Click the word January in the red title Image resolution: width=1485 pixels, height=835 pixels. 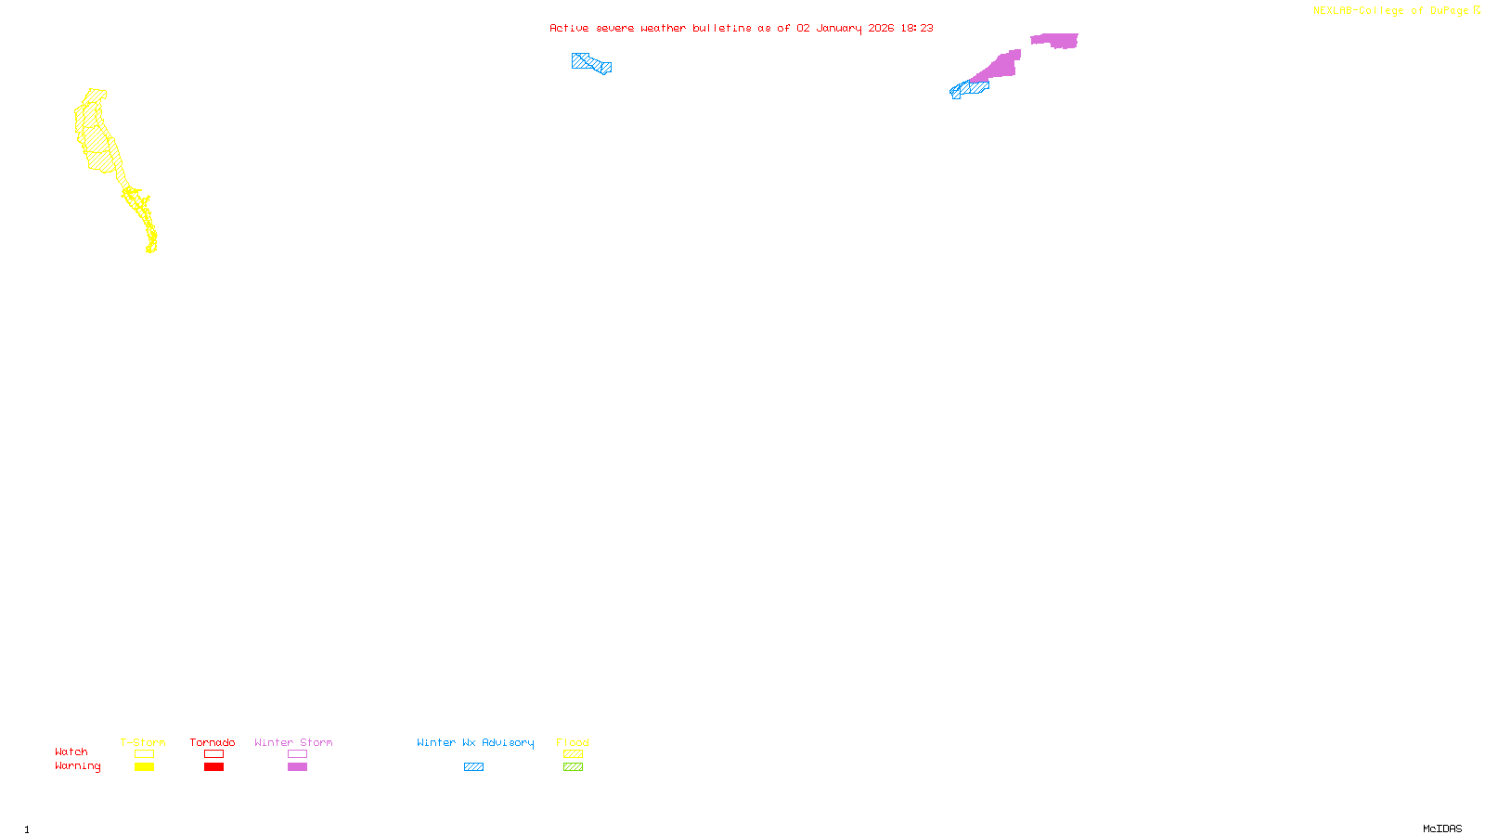(838, 28)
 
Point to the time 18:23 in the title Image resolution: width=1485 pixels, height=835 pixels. (916, 28)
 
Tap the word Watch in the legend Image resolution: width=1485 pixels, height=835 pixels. (71, 751)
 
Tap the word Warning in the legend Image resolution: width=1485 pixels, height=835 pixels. (77, 766)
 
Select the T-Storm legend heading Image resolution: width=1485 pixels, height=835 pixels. (143, 742)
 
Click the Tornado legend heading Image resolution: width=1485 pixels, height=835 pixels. (213, 742)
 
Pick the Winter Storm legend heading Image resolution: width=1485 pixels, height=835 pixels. (293, 742)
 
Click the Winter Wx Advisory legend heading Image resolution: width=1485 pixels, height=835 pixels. (475, 742)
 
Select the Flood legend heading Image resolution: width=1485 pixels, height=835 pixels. (573, 742)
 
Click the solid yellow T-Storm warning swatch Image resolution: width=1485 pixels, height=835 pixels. (144, 767)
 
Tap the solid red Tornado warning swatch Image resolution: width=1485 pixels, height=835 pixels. (213, 767)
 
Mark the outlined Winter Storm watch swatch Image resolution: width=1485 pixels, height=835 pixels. (297, 754)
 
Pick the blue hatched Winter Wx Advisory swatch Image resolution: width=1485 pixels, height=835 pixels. (473, 767)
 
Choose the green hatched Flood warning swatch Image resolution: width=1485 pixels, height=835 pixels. (573, 767)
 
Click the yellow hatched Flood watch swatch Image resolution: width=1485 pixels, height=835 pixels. (573, 754)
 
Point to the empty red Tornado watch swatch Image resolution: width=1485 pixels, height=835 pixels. (213, 754)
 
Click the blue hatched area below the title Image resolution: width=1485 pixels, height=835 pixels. (590, 63)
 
